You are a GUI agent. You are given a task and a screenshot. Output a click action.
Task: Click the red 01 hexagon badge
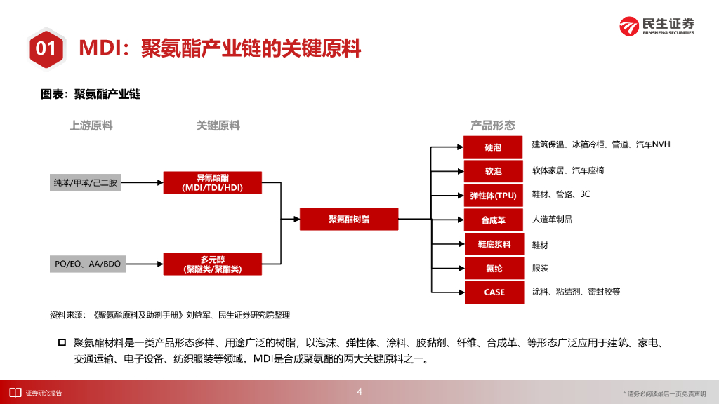(x=46, y=48)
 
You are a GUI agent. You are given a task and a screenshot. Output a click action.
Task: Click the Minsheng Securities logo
(x=657, y=25)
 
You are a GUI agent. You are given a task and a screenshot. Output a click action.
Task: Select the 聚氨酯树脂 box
(x=349, y=219)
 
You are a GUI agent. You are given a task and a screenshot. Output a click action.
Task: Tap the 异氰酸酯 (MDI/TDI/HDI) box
(x=212, y=182)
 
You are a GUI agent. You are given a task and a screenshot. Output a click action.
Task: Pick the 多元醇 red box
(x=212, y=264)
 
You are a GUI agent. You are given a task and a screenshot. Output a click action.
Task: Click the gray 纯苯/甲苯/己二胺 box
(x=86, y=182)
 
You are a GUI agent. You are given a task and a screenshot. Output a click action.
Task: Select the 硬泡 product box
(x=493, y=147)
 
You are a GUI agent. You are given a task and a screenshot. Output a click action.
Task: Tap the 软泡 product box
(x=493, y=171)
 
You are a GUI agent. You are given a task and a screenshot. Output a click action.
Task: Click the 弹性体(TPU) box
(x=493, y=195)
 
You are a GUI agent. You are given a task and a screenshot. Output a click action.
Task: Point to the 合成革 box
(x=493, y=220)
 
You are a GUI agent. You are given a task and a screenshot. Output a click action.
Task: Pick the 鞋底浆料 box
(x=493, y=244)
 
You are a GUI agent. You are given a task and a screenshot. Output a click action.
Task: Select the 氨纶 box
(x=493, y=268)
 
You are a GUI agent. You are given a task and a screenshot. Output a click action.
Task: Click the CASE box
(x=493, y=292)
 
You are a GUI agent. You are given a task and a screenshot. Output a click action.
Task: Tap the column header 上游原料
(x=91, y=126)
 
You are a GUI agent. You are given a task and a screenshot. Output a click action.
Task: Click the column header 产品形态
(x=492, y=126)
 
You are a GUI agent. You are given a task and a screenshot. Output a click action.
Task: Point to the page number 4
(x=359, y=391)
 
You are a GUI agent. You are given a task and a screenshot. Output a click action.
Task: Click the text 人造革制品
(x=552, y=220)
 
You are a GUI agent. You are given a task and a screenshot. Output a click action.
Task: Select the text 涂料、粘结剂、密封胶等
(x=576, y=292)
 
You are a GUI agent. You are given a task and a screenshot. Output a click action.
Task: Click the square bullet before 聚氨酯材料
(x=62, y=343)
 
